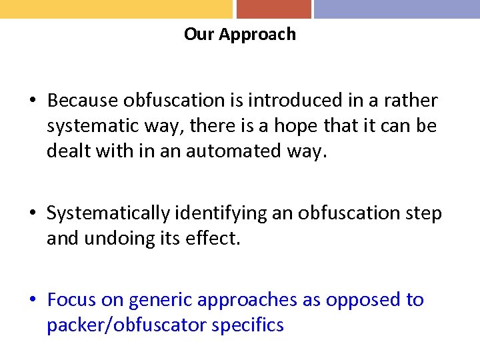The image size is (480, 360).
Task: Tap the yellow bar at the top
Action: pos(116,9)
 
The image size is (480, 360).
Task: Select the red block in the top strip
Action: pos(273,9)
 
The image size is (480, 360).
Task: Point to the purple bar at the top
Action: pos(397,9)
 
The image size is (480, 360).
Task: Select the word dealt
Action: pos(66,151)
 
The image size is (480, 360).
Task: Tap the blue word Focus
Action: pos(72,301)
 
